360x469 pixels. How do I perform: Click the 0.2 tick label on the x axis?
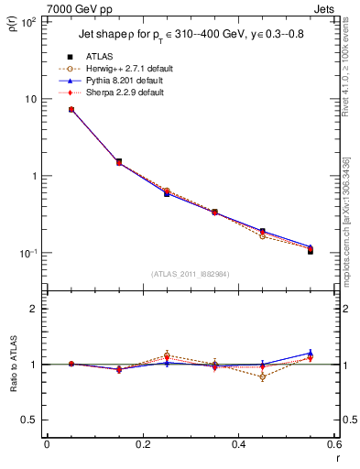pos(142,445)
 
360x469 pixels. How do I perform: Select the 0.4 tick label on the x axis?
pos(238,445)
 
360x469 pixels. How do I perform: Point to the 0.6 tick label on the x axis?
pos(333,445)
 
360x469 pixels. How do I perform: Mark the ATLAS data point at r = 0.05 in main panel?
pos(71,110)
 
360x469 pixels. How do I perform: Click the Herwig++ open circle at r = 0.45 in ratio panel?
pos(263,376)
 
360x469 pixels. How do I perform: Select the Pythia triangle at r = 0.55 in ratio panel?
pos(311,353)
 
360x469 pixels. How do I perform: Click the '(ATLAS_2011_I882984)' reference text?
pos(191,273)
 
